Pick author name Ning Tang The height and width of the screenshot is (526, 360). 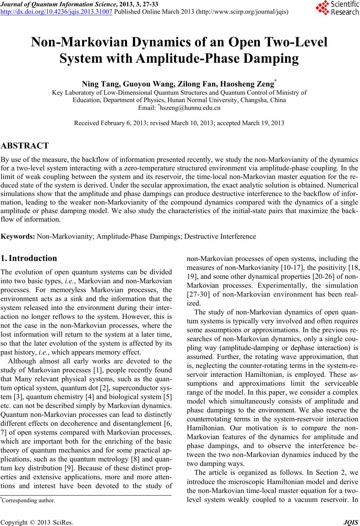point(98,84)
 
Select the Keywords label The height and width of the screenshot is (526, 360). point(19,236)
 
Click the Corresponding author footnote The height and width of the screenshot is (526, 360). point(28,500)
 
